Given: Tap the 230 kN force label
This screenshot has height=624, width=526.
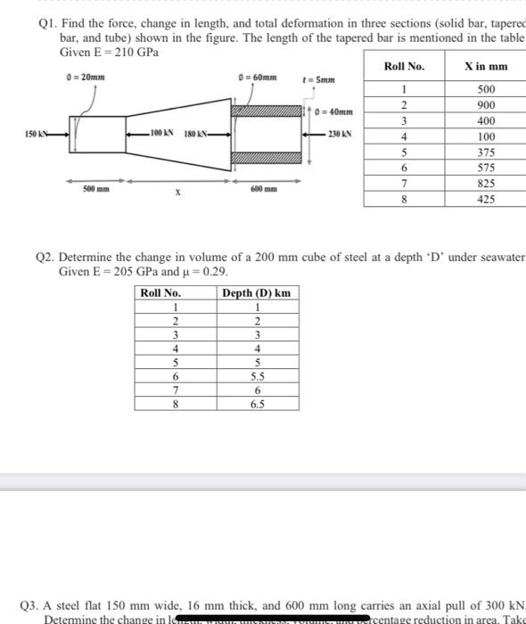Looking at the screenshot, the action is click(341, 135).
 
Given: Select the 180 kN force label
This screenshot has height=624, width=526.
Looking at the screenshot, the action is click(196, 135).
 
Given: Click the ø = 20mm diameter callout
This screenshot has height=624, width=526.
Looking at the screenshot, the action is click(86, 77).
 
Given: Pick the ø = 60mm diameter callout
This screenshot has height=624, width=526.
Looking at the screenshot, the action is click(256, 77).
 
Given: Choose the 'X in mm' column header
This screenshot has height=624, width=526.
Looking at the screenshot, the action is click(486, 66).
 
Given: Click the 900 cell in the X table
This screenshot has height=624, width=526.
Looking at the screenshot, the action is click(486, 105).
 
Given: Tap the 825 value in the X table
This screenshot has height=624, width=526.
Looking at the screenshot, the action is click(486, 184).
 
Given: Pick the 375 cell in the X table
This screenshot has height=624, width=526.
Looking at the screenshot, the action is click(486, 152).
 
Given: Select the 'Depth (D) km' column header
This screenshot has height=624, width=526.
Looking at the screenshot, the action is click(256, 293).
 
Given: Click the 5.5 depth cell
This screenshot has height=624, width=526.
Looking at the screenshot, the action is click(256, 377).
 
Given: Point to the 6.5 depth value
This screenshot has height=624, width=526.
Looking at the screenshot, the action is click(256, 404).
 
